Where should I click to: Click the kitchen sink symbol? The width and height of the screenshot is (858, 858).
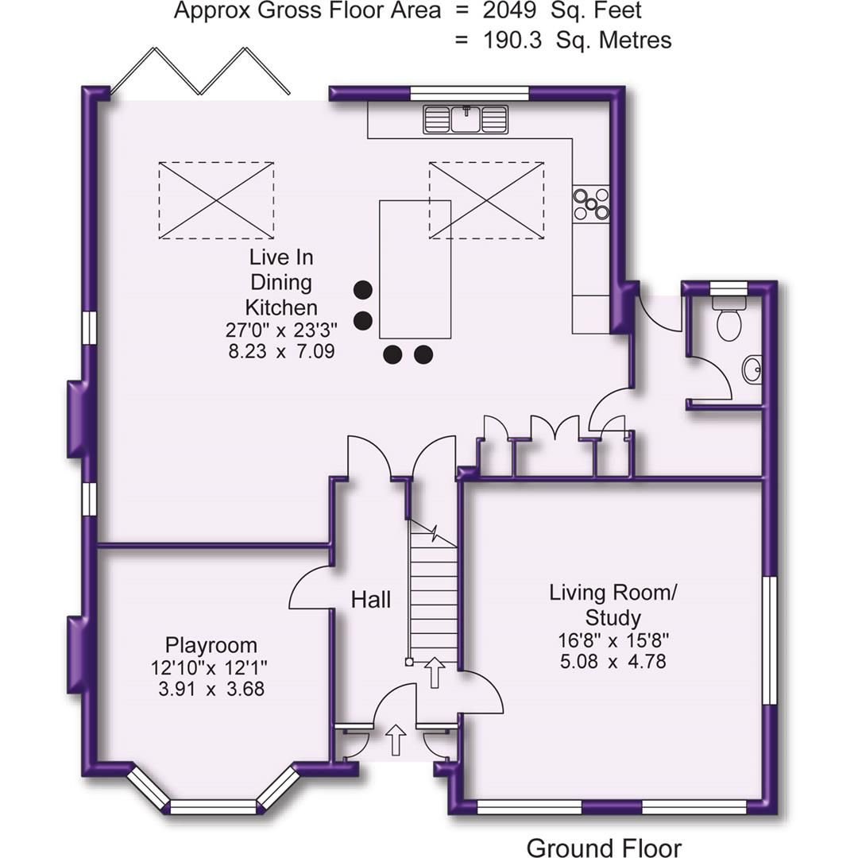[466, 120]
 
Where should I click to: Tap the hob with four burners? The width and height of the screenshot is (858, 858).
[592, 203]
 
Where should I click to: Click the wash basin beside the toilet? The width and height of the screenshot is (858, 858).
[752, 369]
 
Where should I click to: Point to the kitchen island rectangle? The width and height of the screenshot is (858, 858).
[415, 269]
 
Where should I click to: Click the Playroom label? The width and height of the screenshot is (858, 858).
[211, 645]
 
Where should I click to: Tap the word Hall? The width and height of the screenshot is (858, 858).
[371, 600]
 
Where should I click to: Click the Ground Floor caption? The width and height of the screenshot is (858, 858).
[604, 848]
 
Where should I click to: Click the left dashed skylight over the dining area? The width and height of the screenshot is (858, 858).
[216, 200]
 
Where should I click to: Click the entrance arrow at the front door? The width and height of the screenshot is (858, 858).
[395, 740]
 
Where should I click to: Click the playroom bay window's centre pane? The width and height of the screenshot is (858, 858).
[213, 807]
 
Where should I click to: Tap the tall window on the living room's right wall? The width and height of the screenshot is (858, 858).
[769, 640]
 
